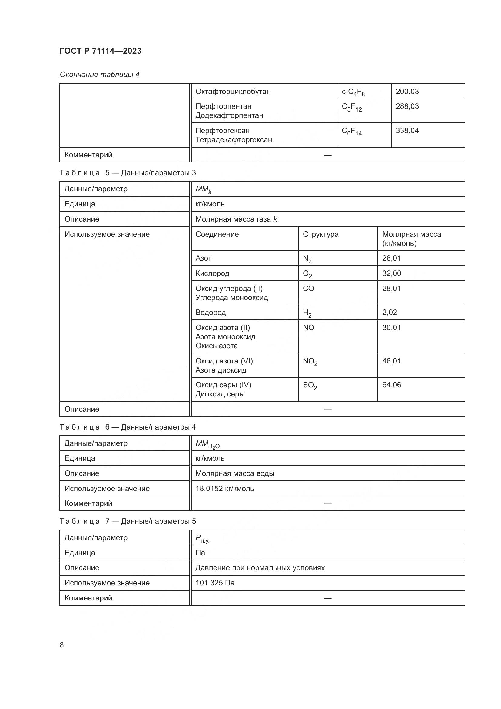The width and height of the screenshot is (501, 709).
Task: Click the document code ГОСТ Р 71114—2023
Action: [x=100, y=51]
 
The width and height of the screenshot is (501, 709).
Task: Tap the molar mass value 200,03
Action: [x=407, y=92]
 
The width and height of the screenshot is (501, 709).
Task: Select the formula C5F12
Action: [x=351, y=107]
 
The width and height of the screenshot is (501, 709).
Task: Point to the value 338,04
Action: [x=407, y=131]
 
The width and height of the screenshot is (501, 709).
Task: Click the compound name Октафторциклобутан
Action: [x=233, y=92]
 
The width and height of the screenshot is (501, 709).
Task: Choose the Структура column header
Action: [x=320, y=234]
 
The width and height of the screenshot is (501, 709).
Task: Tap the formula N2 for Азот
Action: [x=307, y=259]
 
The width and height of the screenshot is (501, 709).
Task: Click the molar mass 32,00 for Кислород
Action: [x=391, y=273]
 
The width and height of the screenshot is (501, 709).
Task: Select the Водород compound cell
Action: [x=211, y=313]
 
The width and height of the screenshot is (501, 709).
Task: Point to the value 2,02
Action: [x=389, y=313]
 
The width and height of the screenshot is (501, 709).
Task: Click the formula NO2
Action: [x=310, y=361]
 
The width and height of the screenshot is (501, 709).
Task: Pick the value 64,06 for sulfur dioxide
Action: [x=391, y=385]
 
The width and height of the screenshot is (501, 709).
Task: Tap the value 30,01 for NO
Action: [x=391, y=328]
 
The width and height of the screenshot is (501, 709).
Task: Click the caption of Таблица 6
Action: [x=128, y=427]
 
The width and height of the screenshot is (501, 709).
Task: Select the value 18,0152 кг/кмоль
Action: [x=224, y=489]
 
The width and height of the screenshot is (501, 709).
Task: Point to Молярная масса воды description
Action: [x=235, y=473]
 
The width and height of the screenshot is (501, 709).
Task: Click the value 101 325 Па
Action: [x=215, y=583]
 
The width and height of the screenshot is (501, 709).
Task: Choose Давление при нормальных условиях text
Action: [x=260, y=567]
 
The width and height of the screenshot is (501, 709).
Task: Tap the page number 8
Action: [x=62, y=645]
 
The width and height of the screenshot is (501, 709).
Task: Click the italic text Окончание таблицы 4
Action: [x=99, y=75]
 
